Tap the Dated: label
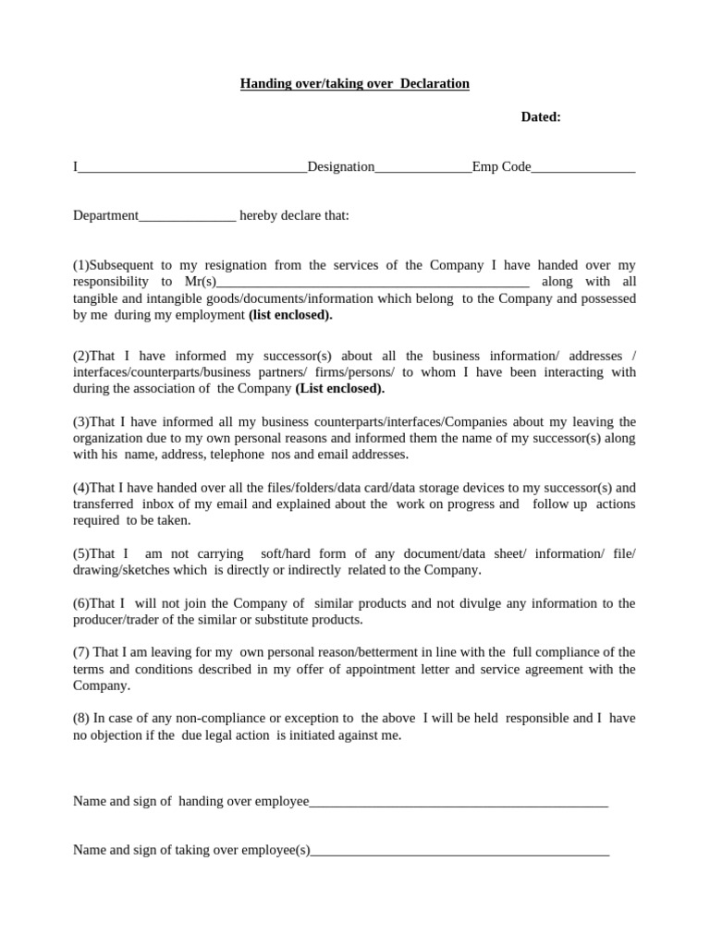coord(541,117)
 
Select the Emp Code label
coord(501,167)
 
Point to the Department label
coord(105,216)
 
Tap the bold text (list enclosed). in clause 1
coord(290,315)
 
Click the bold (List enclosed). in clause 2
coord(340,389)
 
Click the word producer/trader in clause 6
coord(120,620)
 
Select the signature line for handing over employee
coord(459,803)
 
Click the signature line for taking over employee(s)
coord(459,852)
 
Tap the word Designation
coord(341,167)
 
